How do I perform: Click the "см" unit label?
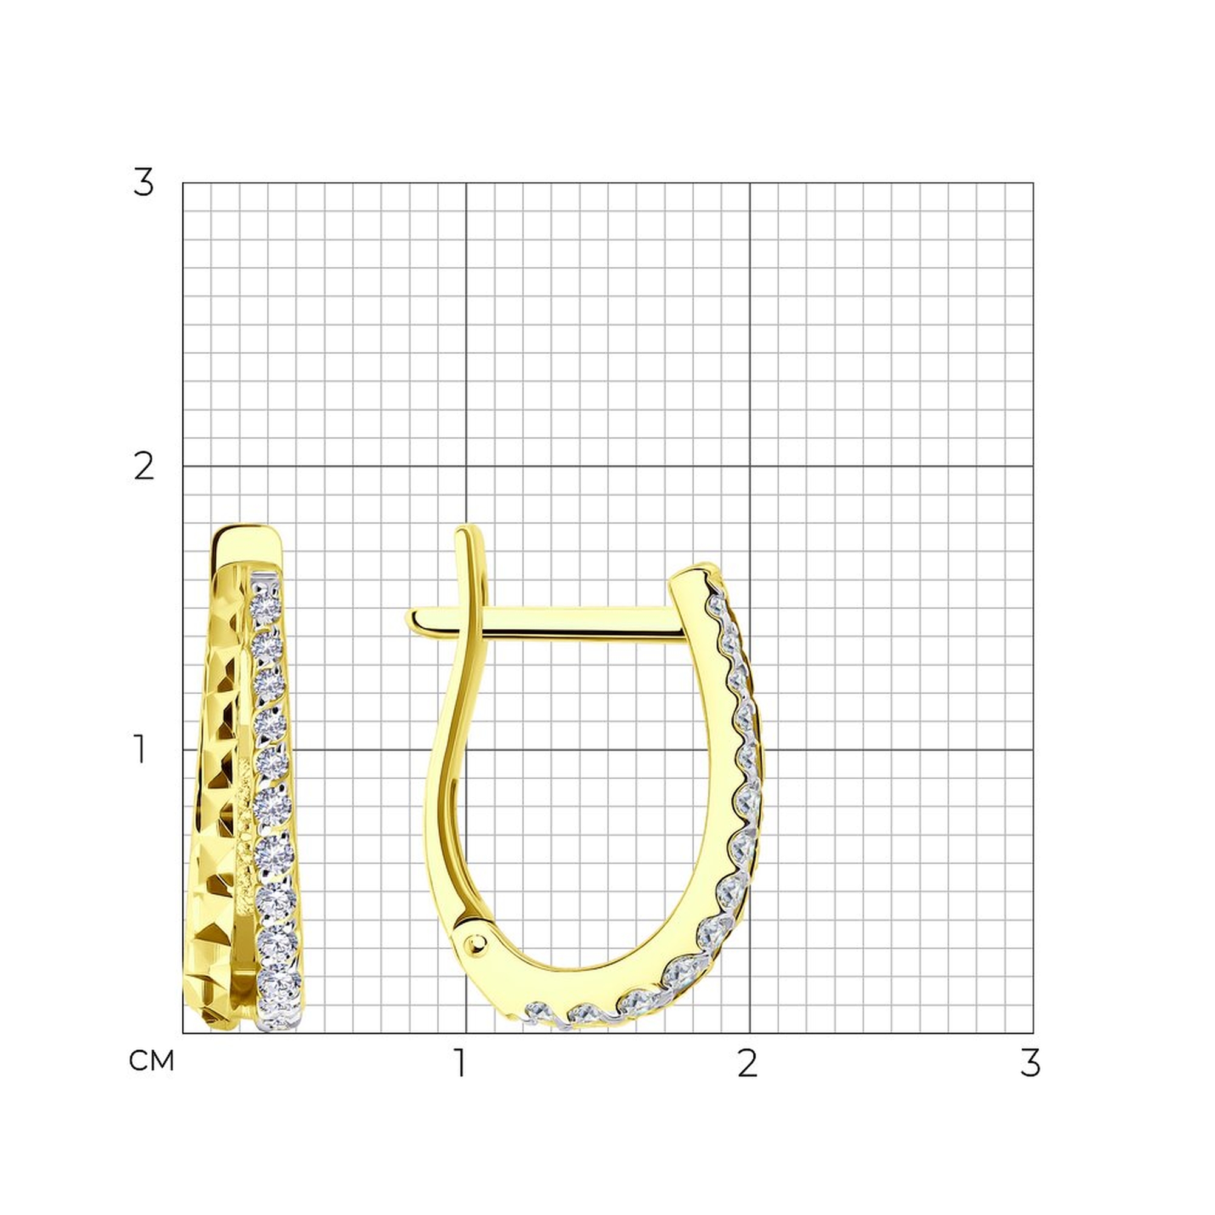pos(151,1061)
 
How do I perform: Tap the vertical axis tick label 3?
pos(143,183)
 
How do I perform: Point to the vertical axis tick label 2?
pos(144,467)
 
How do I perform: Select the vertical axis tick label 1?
pos(141,750)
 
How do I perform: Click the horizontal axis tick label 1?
pos(462,1063)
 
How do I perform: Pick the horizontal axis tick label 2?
pos(747,1063)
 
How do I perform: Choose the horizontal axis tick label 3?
pos(1030,1063)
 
